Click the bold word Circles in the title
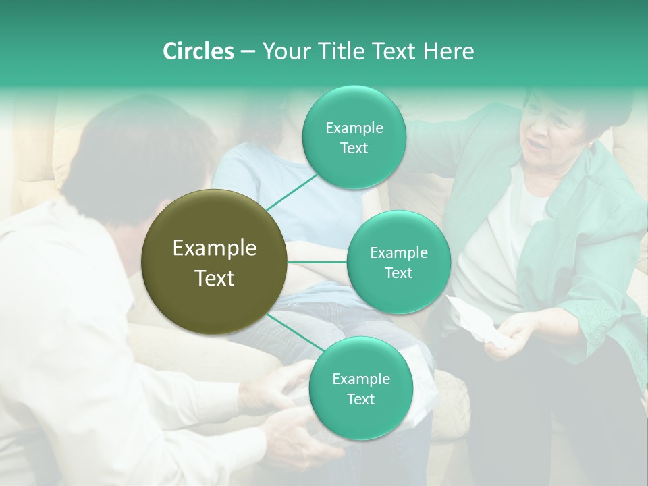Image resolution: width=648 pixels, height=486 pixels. (198, 51)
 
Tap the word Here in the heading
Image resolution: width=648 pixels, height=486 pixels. (448, 51)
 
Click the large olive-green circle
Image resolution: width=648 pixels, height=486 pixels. (215, 262)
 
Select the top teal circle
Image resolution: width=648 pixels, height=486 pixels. (354, 138)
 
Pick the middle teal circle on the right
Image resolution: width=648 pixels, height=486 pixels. (398, 262)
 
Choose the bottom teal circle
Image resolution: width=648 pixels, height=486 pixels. (360, 388)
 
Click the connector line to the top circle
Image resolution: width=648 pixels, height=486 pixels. (292, 191)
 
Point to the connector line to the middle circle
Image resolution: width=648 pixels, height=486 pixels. (317, 262)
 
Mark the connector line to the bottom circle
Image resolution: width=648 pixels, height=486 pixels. (292, 332)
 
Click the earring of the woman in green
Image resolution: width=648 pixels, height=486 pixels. (591, 145)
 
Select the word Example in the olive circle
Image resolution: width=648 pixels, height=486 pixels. (215, 248)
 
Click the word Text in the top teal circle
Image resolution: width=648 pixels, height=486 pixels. (354, 148)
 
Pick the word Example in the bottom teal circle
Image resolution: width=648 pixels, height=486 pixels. (360, 379)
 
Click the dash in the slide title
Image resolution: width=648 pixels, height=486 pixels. (248, 51)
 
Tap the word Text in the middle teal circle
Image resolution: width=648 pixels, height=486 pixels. (398, 273)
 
